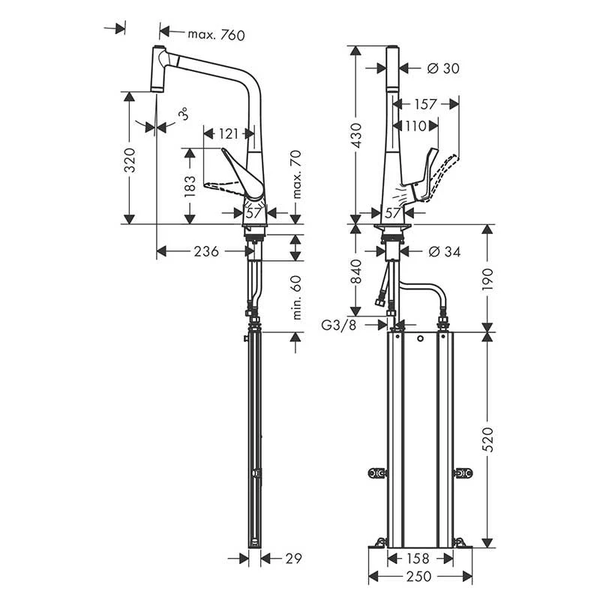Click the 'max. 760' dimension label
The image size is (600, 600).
pos(216,34)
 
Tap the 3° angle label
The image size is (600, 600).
pos(183,115)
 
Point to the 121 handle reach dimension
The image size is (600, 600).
pos(227,134)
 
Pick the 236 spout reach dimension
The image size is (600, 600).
pos(206,252)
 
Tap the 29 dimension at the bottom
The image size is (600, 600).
pos(293,558)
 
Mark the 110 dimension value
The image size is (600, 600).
pos(416,125)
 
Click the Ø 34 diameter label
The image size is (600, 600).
pos(444,252)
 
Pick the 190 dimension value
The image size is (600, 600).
pos(488,279)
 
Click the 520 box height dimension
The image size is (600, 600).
pos(488,439)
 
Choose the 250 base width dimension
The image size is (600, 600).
pos(420,577)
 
